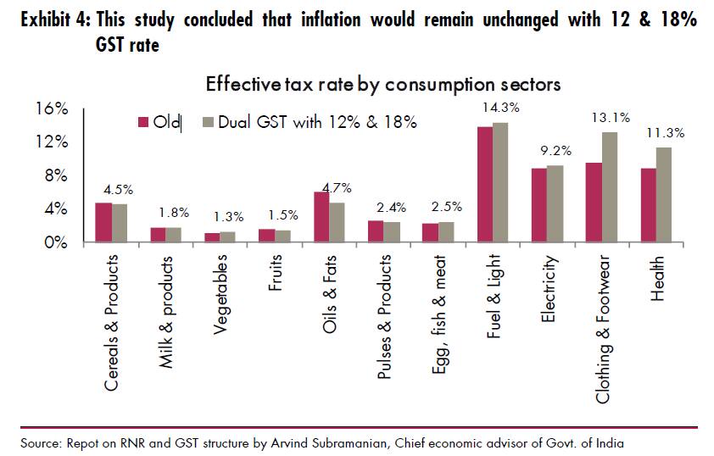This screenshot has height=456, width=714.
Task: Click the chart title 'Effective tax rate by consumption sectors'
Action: coord(382,85)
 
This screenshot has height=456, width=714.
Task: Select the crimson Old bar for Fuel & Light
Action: coord(485,185)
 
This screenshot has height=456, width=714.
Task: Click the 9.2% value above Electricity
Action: coord(555,151)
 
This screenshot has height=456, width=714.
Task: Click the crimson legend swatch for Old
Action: coord(144,122)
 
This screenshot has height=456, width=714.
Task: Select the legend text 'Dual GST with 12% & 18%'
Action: coord(317,122)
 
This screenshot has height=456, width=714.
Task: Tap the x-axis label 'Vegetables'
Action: coord(220,294)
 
